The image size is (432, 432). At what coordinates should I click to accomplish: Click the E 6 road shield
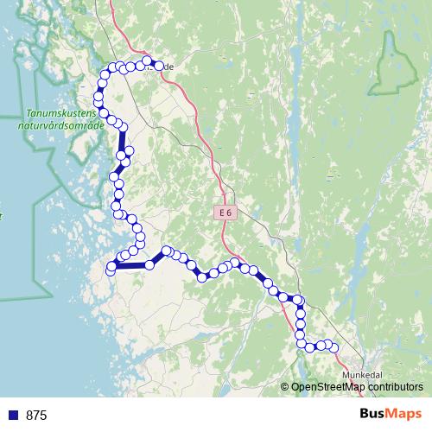(x=225, y=212)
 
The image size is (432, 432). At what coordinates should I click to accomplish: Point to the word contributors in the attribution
(x=396, y=387)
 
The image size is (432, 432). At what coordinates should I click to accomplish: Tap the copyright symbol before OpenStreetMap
(x=285, y=387)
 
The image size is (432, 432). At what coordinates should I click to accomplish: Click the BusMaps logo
(x=391, y=415)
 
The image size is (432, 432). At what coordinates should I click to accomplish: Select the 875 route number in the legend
(x=36, y=416)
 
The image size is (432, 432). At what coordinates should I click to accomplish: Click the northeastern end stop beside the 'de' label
(x=158, y=63)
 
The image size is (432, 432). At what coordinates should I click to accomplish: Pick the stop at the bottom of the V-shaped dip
(x=202, y=277)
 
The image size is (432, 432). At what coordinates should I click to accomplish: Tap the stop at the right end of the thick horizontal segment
(x=149, y=264)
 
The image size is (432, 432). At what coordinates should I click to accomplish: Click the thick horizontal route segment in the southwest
(x=130, y=265)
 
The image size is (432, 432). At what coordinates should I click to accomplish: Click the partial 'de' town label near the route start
(x=168, y=67)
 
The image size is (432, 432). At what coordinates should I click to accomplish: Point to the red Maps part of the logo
(x=404, y=415)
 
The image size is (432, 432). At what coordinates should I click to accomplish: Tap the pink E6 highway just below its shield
(x=228, y=226)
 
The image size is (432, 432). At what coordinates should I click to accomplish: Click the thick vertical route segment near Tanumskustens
(x=122, y=138)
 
